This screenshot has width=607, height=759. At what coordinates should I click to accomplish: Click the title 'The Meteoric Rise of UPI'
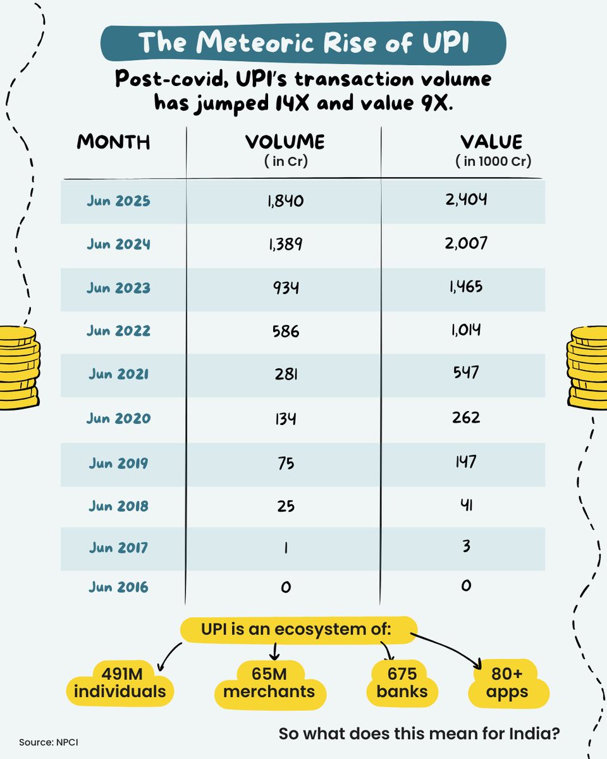coord(303,42)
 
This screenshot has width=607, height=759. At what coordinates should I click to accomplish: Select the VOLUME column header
coord(285,142)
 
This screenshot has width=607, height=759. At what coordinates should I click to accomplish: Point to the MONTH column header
coord(114,142)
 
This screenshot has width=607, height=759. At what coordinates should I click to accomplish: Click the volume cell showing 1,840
coord(285,201)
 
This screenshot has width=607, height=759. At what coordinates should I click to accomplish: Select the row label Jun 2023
coord(118,288)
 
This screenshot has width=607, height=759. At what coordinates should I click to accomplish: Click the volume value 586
coord(285,331)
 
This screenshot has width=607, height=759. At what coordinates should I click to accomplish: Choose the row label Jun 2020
coord(118,418)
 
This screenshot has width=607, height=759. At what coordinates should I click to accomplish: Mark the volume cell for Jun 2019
coord(285,462)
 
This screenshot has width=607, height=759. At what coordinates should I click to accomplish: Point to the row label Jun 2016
coord(118,587)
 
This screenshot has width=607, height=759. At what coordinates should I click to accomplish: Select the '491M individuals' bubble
coord(120,682)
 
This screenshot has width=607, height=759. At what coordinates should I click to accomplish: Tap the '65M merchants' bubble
coord(269,682)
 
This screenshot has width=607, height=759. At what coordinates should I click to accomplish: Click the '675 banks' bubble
coord(402,682)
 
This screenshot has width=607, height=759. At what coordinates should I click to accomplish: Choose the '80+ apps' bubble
coord(508,682)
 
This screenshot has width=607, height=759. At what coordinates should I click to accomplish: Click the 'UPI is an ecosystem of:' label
coord(298,631)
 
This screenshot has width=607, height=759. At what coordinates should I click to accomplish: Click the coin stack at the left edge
coord(18,367)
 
